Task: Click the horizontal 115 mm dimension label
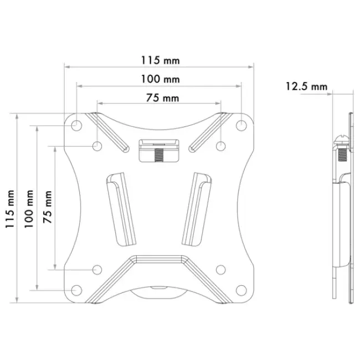point(160,60)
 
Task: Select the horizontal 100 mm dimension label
point(160,79)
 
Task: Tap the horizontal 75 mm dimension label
point(162,98)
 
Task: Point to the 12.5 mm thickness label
point(306,86)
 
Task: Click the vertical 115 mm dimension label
point(10,209)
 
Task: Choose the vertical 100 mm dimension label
point(29,209)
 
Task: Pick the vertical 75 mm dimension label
point(48,207)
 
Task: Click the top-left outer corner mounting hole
point(76,126)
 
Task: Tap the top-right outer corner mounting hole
point(241,126)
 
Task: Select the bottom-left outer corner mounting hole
point(76,290)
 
